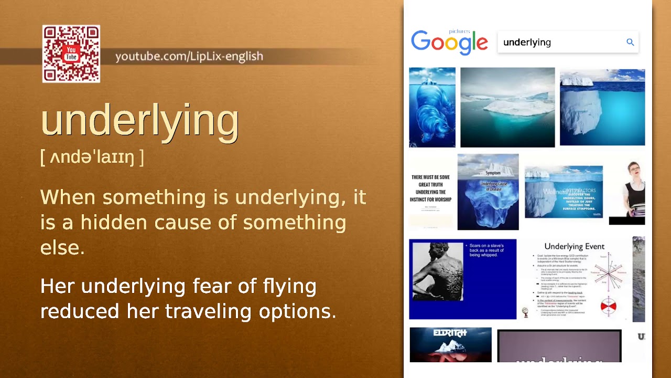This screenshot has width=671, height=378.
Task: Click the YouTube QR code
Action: (x=71, y=54)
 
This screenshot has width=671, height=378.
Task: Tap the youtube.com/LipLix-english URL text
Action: (x=189, y=56)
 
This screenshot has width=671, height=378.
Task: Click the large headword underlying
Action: (x=139, y=120)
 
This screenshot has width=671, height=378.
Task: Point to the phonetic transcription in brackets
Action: (x=92, y=157)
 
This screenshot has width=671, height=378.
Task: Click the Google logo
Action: (x=449, y=42)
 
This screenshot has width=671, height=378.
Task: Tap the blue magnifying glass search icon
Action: (x=630, y=43)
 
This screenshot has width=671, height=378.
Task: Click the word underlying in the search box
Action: (x=527, y=43)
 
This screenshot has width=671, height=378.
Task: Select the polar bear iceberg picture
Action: (x=432, y=107)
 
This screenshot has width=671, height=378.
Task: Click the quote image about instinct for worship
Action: (x=431, y=192)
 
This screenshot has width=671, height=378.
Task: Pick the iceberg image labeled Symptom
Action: (x=488, y=192)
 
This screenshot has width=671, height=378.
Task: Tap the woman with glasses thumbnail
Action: (x=627, y=192)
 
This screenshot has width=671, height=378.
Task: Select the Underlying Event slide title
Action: (x=574, y=246)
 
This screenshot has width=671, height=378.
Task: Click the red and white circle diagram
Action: (x=608, y=305)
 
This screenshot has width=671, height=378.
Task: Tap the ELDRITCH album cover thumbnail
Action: (x=450, y=344)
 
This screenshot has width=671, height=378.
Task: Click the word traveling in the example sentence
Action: (x=209, y=312)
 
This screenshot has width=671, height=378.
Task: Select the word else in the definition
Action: (x=62, y=248)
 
